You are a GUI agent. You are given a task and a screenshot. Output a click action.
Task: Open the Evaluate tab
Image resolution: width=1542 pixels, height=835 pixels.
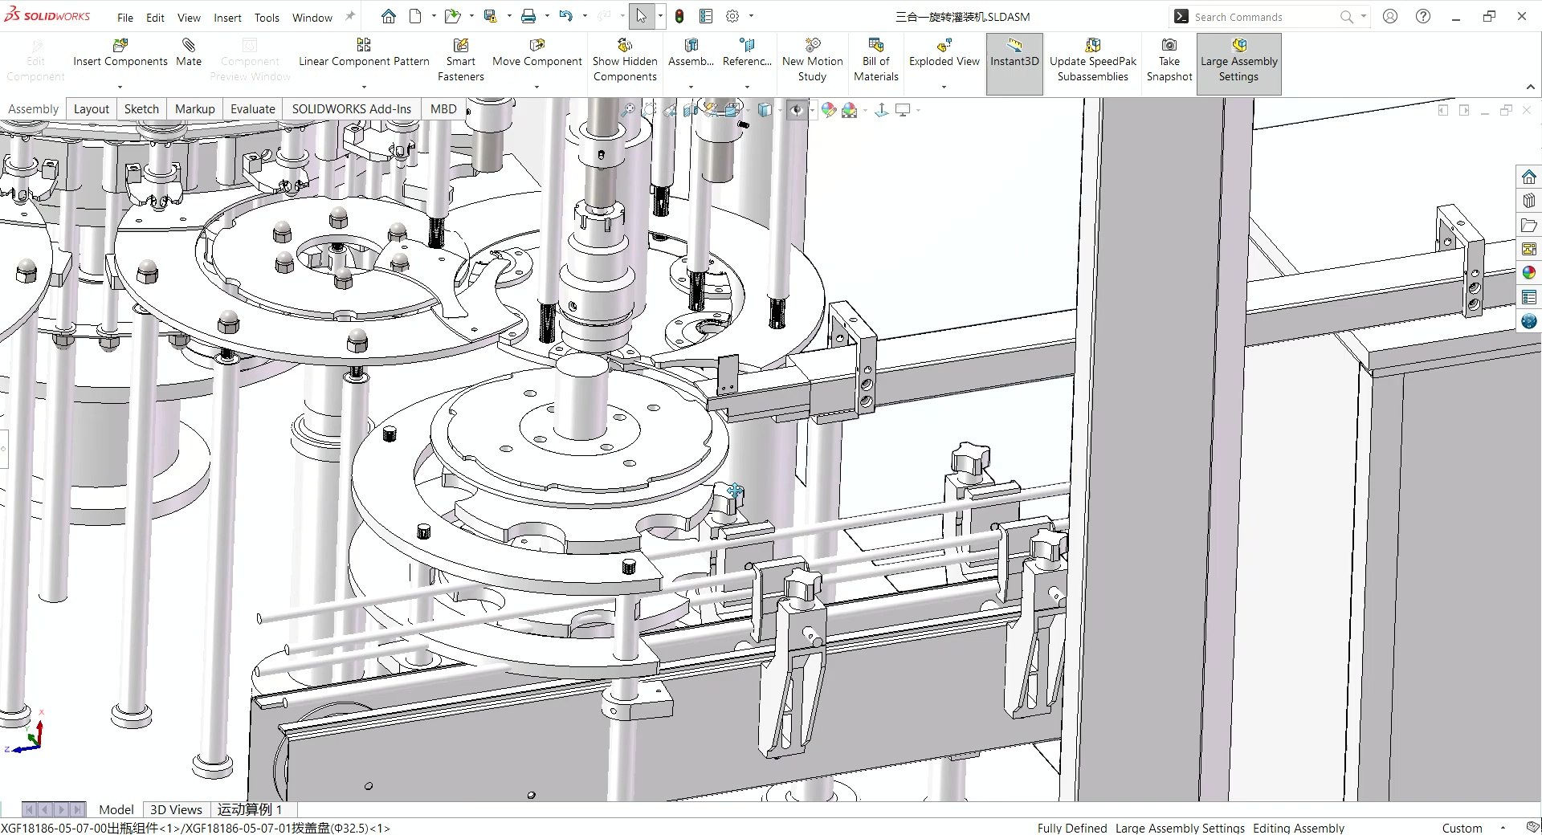252,109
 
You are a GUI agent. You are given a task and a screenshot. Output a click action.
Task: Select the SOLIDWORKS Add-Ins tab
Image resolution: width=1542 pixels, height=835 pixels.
351,109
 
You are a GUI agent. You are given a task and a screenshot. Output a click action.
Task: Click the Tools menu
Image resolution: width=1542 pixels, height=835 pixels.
267,18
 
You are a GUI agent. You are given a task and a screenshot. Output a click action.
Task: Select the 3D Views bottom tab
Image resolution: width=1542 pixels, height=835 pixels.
176,809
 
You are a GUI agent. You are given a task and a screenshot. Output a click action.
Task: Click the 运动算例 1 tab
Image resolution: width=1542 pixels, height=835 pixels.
250,809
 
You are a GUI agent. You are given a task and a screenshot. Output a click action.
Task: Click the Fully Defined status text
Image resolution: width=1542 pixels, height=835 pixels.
1071,828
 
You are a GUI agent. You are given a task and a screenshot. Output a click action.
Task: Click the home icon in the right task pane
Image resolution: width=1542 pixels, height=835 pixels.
1528,177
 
